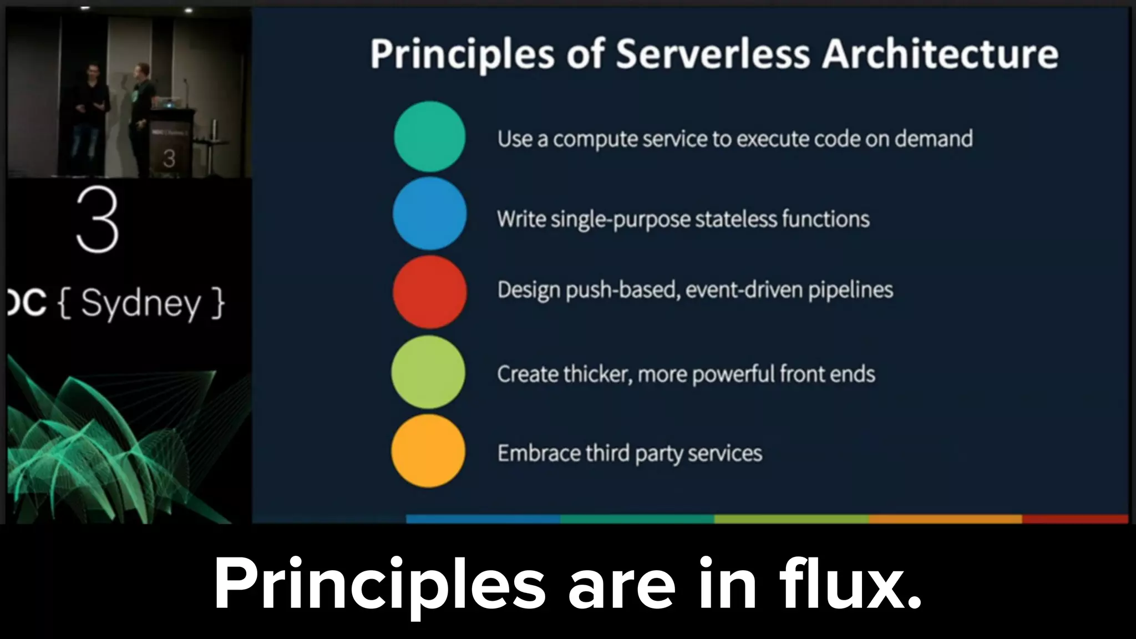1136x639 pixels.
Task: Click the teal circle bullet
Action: click(x=429, y=136)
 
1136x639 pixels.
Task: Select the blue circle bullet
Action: click(x=429, y=214)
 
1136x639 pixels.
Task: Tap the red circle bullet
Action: click(x=429, y=292)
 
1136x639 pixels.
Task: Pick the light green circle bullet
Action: click(x=428, y=372)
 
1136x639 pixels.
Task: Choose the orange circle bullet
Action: click(x=428, y=451)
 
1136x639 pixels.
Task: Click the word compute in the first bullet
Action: click(x=595, y=139)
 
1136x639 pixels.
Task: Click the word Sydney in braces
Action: click(x=141, y=304)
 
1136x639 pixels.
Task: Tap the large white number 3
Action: click(x=98, y=220)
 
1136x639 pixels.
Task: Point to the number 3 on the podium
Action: click(x=169, y=159)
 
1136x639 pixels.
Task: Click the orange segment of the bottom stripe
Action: click(x=945, y=519)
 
